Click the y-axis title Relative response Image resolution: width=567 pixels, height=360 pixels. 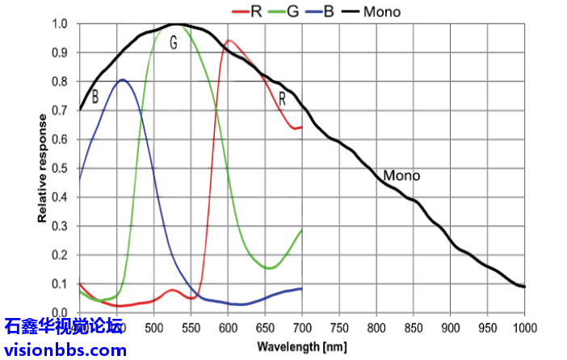click(41, 168)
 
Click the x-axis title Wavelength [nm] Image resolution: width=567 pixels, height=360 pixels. click(302, 346)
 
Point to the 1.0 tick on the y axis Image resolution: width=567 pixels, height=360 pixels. click(61, 24)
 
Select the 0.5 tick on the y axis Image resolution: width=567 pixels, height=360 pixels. click(61, 169)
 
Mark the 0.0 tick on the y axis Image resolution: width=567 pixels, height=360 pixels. click(61, 312)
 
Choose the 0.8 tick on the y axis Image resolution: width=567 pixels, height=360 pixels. click(61, 82)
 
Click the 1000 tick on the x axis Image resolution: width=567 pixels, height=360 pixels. click(525, 328)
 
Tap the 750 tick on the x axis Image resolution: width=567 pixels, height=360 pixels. click(338, 328)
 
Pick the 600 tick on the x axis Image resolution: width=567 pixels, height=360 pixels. click(228, 328)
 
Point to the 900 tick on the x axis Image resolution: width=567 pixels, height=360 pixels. click(450, 328)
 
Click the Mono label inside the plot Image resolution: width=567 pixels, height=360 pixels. click(401, 175)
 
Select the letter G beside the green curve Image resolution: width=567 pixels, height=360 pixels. click(173, 44)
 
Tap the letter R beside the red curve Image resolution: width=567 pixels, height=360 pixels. click(283, 98)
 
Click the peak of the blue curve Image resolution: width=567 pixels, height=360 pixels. click(122, 79)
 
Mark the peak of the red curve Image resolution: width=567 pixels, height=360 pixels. click(229, 40)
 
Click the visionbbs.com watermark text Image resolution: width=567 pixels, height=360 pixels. click(65, 350)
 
